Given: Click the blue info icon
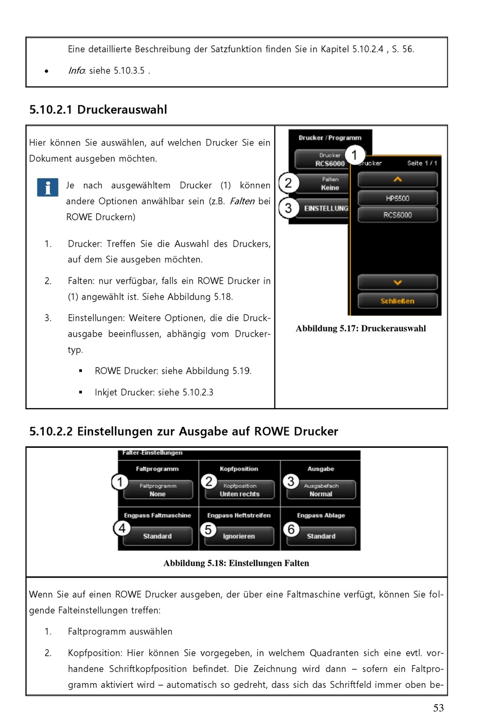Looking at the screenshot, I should tap(47, 187).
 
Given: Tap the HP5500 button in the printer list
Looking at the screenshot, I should tap(397, 198).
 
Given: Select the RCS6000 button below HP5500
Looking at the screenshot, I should tap(397, 215).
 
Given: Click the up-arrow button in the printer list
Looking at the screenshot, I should tap(397, 180).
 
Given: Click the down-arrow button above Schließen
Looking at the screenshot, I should tap(397, 282).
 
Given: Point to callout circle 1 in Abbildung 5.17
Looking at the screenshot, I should tap(354, 154).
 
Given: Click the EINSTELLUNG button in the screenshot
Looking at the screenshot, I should tap(325, 208).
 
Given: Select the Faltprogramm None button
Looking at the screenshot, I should tap(158, 490).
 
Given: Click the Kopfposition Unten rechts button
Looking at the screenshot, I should tap(239, 490).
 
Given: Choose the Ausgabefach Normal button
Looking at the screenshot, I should tap(321, 490).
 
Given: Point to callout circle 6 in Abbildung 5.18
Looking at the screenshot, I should tap(291, 529).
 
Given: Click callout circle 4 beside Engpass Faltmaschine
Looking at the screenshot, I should tap(122, 528).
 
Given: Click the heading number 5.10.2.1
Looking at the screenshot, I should tap(50, 110).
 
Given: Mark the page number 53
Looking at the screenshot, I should tap(438, 708).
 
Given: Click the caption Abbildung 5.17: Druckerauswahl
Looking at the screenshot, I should tap(360, 328).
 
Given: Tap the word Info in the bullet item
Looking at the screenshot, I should tap(76, 71).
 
